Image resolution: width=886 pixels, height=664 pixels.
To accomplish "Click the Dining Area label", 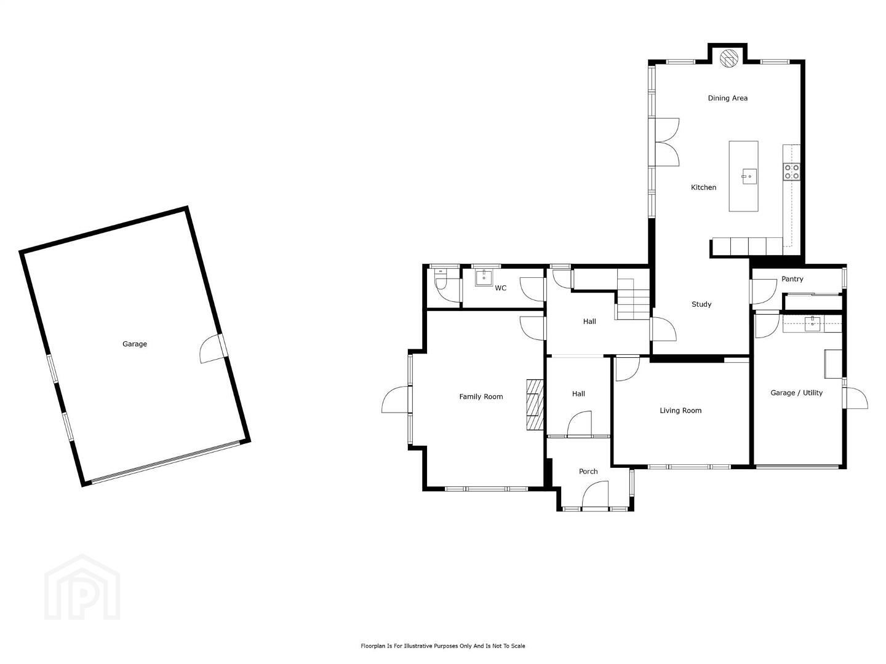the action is (727, 98).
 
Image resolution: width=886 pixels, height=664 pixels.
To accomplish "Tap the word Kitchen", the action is (703, 187).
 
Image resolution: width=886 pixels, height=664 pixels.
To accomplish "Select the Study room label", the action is (701, 304).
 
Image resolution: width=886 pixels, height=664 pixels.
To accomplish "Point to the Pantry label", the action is (792, 279).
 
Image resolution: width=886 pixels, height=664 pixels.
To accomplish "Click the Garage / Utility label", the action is (796, 393).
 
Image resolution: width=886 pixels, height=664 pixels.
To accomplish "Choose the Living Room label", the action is (680, 411).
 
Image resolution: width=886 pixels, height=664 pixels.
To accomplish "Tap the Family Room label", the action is (481, 397).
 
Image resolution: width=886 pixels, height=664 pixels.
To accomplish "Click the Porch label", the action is (588, 472).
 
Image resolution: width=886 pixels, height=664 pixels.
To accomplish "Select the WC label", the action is (500, 288).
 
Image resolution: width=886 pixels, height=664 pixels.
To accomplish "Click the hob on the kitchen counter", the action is (791, 172).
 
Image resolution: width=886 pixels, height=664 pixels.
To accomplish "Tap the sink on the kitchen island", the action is (749, 176).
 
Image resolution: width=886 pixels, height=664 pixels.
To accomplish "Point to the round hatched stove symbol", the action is (729, 58).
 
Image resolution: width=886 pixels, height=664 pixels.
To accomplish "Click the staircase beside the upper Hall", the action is (632, 294).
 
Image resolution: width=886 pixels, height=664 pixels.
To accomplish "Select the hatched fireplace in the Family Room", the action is (535, 405).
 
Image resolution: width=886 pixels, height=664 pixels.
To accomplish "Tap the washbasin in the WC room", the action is (484, 278).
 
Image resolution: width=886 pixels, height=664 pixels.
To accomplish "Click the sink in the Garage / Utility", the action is (812, 324).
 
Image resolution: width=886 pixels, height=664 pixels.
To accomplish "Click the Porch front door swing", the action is (595, 494).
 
